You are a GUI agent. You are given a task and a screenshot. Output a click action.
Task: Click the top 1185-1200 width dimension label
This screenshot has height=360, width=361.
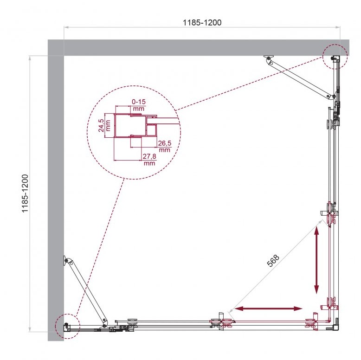pyautogui.click(x=202, y=23)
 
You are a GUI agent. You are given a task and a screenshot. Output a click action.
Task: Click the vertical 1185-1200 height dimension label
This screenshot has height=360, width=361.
pyautogui.click(x=25, y=193)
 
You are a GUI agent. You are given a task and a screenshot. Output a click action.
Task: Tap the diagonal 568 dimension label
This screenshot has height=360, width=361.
pyautogui.click(x=273, y=261)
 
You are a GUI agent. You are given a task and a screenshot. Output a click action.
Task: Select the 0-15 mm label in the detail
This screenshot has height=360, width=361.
pyautogui.click(x=139, y=105)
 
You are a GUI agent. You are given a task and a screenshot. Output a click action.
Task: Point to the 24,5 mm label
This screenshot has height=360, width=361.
pyautogui.click(x=104, y=125)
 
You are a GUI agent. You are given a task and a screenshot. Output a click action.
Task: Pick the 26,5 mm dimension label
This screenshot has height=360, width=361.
pyautogui.click(x=165, y=147)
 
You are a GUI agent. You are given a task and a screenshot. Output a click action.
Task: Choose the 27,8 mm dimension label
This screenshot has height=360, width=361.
pyautogui.click(x=149, y=160)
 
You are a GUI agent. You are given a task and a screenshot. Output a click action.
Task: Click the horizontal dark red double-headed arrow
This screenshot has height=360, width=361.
pyautogui.click(x=268, y=309)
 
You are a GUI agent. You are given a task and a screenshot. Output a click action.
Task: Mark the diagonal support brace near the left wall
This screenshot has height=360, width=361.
pyautogui.click(x=86, y=291)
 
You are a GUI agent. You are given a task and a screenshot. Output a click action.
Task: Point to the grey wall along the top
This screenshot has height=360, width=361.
pyautogui.click(x=199, y=48)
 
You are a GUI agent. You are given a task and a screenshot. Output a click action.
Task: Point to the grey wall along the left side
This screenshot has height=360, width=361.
pyautogui.click(x=56, y=190)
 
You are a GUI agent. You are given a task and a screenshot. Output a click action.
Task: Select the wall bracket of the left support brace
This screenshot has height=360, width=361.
pyautogui.click(x=65, y=260)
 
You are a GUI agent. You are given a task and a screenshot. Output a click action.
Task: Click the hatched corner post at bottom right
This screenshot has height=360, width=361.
pyautogui.click(x=336, y=324)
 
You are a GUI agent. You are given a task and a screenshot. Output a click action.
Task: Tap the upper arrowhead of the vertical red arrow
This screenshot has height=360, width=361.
pyautogui.click(x=316, y=230)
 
